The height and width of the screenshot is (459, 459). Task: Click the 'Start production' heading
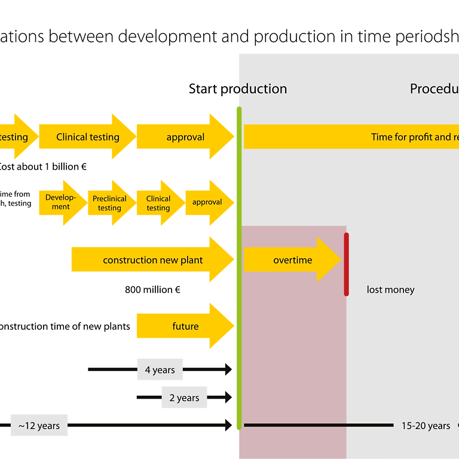tap(238, 89)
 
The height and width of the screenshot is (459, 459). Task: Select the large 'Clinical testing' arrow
tap(88, 137)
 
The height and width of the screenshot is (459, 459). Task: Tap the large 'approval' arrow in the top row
tap(185, 137)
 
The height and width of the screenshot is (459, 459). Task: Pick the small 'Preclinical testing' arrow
tap(110, 203)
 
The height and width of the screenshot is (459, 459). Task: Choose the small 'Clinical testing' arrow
tap(159, 203)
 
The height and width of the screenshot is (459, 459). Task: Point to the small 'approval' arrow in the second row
tap(207, 203)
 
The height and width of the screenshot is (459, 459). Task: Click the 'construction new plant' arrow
tap(152, 260)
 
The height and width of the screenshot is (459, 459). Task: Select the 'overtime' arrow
tap(292, 260)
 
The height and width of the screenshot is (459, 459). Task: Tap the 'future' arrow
tap(185, 326)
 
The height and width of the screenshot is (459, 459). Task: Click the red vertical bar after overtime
tap(346, 264)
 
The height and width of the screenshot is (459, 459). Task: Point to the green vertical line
tap(239, 269)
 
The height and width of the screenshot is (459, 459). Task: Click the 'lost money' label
tap(390, 290)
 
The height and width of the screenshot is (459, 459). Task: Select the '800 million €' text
tap(152, 290)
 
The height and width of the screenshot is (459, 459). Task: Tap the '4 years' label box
tap(160, 370)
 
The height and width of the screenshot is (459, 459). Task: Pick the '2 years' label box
tap(184, 397)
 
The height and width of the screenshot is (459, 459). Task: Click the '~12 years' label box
tap(39, 426)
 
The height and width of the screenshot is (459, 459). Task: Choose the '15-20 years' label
tap(426, 426)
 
